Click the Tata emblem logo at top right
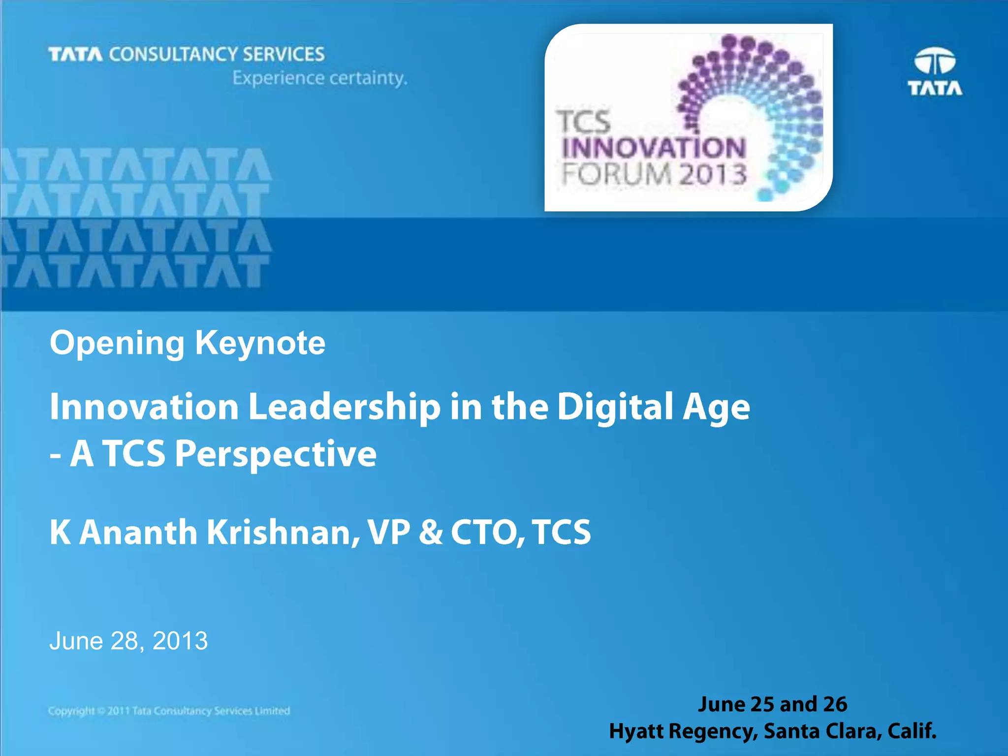935,71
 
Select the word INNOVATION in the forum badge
654,148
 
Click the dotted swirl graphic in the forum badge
758,108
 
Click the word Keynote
260,343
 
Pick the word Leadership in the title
344,408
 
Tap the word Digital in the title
615,408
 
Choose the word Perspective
276,454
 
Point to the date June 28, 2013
128,641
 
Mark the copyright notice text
169,711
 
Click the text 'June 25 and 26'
772,704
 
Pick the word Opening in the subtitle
117,343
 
